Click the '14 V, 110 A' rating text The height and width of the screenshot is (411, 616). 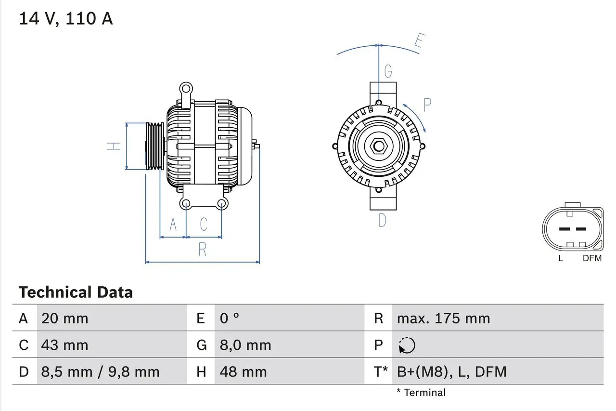coord(66,19)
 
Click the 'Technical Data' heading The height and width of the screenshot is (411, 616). coord(76,292)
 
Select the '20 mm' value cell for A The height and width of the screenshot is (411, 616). coord(65,318)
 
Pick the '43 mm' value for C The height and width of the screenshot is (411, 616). coord(65,345)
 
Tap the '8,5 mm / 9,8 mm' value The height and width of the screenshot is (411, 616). coord(100,371)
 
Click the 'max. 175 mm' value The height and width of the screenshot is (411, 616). coord(443,318)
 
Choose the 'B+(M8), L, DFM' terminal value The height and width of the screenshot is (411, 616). coord(451,371)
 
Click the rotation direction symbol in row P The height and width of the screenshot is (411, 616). coord(407,345)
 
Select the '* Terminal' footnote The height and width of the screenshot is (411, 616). coord(421,393)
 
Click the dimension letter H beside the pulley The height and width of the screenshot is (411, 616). coord(114,146)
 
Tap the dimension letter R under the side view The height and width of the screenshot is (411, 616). coord(203,250)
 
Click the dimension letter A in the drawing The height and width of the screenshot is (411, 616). coord(173,225)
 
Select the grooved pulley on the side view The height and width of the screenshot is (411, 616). coord(155,146)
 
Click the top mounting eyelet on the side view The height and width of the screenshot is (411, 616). coord(185,88)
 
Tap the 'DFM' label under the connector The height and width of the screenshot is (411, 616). coord(592,258)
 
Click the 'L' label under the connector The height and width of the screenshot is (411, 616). coord(561,258)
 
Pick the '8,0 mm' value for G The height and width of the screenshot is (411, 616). coord(245,345)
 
